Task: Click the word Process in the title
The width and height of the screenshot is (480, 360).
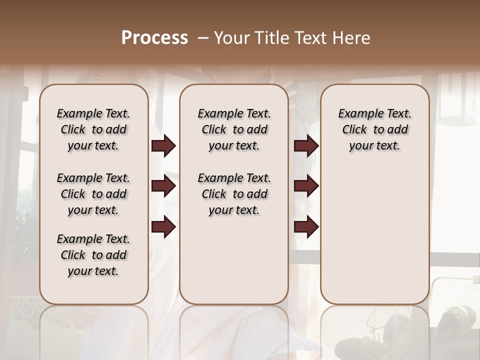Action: tap(154, 38)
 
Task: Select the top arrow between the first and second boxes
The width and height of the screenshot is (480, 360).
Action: tap(163, 146)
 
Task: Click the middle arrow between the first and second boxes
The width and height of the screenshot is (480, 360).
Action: tap(163, 186)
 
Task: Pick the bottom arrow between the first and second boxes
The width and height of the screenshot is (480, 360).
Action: tap(163, 227)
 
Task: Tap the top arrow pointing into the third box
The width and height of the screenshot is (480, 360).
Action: tap(306, 146)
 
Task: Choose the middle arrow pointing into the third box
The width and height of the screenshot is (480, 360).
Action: tap(306, 186)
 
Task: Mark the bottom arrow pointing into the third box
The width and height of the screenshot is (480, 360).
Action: tap(306, 227)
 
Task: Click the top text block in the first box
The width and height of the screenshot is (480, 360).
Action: tap(93, 129)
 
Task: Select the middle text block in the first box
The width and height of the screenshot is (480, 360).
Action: tap(93, 194)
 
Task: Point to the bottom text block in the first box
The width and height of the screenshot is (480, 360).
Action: tap(93, 255)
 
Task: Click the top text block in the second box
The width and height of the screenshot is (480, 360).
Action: tap(234, 129)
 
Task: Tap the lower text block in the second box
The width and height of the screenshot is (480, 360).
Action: tap(234, 194)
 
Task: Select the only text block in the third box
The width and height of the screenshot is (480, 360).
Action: tap(375, 129)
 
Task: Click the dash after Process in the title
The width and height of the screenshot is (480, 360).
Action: tap(202, 38)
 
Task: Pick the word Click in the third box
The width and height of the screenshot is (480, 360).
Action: tap(354, 130)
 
